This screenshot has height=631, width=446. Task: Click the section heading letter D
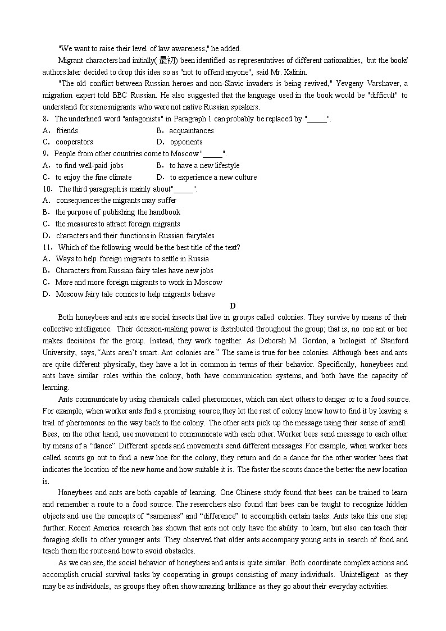click(233, 306)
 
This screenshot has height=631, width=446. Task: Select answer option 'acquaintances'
click(191, 130)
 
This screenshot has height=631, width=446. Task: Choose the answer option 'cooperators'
click(74, 142)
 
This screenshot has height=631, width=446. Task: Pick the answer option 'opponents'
click(186, 142)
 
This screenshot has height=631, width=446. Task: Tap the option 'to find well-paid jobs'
click(89, 166)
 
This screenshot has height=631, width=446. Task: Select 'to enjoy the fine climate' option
click(93, 178)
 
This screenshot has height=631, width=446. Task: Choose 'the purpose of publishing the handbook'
click(118, 212)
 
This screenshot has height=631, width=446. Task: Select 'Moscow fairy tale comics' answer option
click(135, 294)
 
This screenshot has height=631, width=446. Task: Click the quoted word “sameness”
click(186, 516)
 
